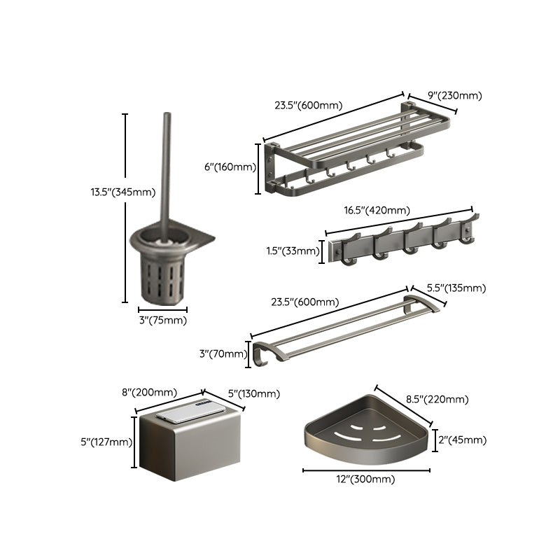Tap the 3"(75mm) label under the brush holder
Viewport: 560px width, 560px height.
tap(162, 320)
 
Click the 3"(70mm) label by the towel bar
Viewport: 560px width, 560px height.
tap(223, 353)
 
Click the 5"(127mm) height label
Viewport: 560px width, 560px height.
tap(106, 442)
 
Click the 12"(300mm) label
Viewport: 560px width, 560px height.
tap(367, 479)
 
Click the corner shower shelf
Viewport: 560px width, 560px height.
tap(364, 430)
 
